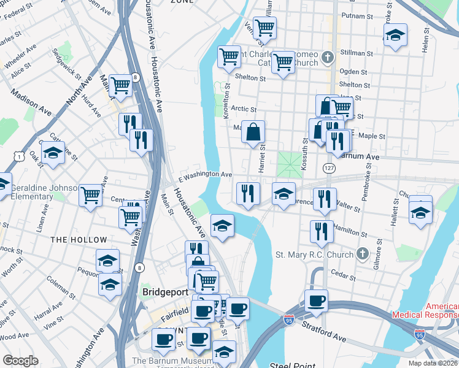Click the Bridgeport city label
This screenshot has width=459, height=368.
[165, 293]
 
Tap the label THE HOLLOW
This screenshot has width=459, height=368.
[79, 240]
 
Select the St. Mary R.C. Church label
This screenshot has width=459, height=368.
[314, 255]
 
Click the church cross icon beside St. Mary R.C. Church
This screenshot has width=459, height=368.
[363, 253]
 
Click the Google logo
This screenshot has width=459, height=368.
[20, 361]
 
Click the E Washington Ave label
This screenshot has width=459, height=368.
[205, 174]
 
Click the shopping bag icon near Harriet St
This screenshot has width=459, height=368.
[253, 132]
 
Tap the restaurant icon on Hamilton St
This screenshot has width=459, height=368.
[322, 231]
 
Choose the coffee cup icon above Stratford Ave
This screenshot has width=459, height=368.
[316, 301]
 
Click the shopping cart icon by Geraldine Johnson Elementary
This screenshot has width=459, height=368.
[90, 196]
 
